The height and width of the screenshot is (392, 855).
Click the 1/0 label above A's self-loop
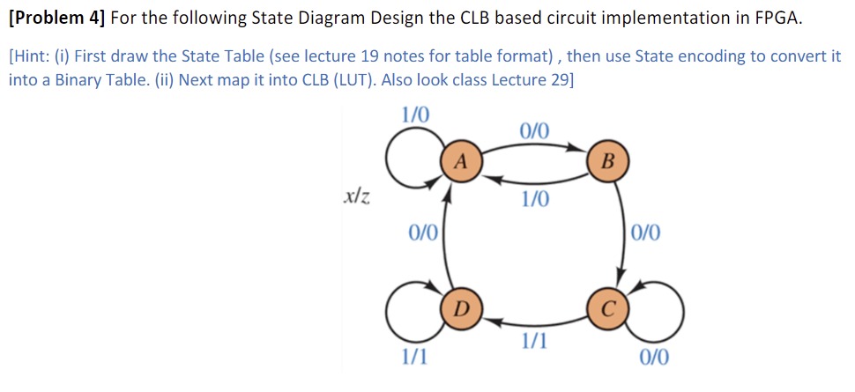point(415,115)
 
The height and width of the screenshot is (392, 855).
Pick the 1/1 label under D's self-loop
point(414,358)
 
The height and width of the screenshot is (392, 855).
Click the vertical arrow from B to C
point(618,233)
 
